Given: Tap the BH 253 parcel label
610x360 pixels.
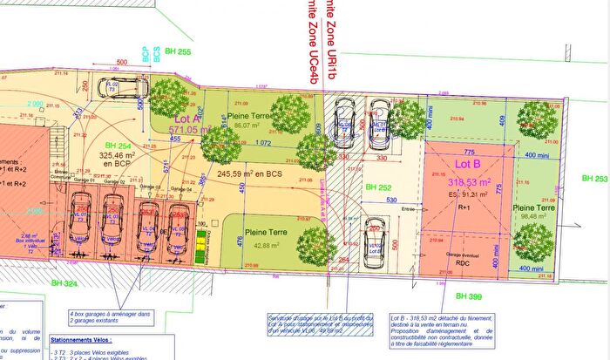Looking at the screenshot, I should point(594,179).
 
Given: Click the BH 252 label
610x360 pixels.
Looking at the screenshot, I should point(378,187).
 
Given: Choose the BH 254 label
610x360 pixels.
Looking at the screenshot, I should point(119,146).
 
